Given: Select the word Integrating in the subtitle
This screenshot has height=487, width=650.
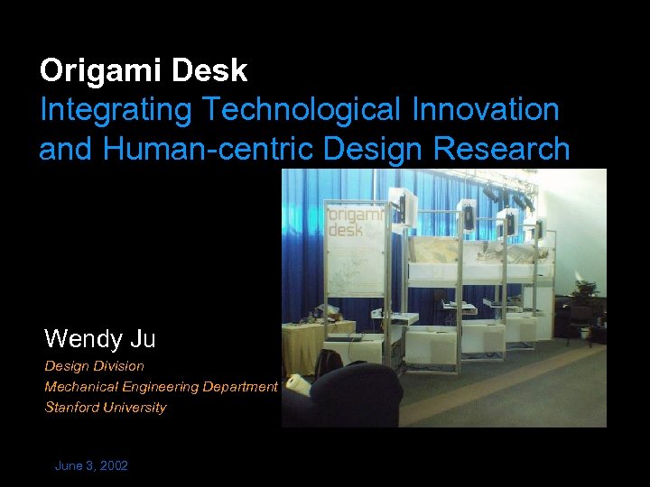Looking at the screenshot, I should [116, 110].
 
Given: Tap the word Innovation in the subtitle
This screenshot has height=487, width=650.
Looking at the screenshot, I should [485, 110].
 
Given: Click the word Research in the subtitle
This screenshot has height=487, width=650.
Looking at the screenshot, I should [503, 149].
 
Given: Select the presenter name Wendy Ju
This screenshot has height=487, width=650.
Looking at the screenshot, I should [99, 339].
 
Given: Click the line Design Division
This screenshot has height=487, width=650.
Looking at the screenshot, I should [94, 366].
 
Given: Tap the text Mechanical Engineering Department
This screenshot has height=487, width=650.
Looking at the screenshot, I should [161, 387].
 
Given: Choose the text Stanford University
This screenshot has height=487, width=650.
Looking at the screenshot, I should [106, 408].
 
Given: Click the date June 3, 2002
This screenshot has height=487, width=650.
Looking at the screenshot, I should [91, 466].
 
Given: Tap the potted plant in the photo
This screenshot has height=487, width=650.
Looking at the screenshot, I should [585, 291].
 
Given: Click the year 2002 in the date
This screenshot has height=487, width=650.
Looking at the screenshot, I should [113, 466].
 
